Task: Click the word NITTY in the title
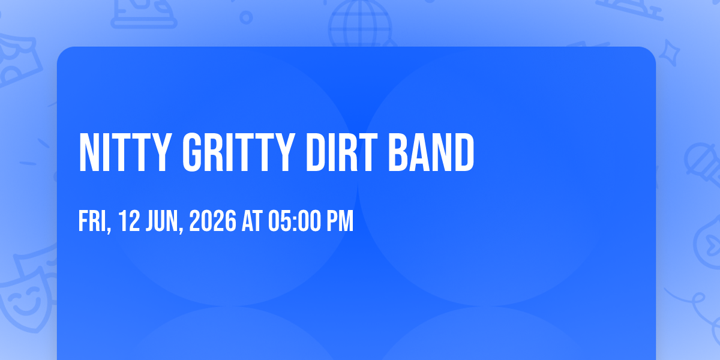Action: click(x=124, y=152)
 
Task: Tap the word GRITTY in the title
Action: click(x=239, y=152)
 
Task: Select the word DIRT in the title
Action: click(x=341, y=152)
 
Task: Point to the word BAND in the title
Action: click(x=431, y=152)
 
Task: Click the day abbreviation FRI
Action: click(x=92, y=221)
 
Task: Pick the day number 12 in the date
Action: click(x=129, y=221)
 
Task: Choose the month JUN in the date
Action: click(x=162, y=221)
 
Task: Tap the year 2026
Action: click(x=213, y=221)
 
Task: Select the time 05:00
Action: click(x=295, y=221)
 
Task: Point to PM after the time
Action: click(x=340, y=221)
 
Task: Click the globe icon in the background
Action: click(x=360, y=24)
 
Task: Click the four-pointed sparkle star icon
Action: click(x=670, y=53)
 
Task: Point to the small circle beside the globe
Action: click(x=246, y=17)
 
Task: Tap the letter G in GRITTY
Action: click(x=191, y=152)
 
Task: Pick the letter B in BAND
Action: click(x=398, y=152)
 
